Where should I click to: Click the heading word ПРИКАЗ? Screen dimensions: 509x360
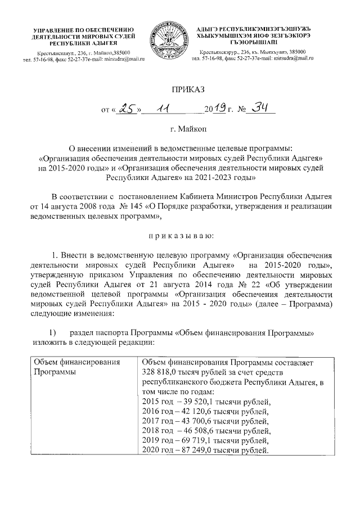[x=180, y=88]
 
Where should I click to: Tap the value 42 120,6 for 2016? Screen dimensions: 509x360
[x=192, y=411]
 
